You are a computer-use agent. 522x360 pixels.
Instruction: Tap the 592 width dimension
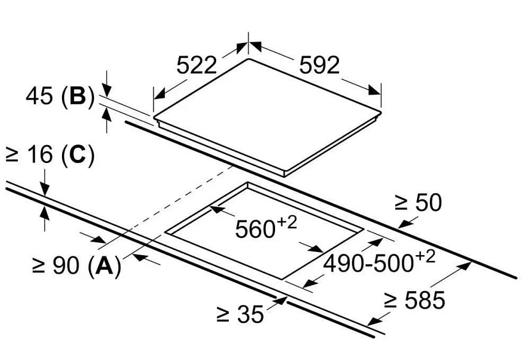tap(317, 65)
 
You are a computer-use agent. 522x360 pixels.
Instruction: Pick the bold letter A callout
tap(104, 265)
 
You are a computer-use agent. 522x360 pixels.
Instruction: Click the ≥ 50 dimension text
tap(418, 203)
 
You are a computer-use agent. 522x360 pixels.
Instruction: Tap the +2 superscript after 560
tap(289, 221)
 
